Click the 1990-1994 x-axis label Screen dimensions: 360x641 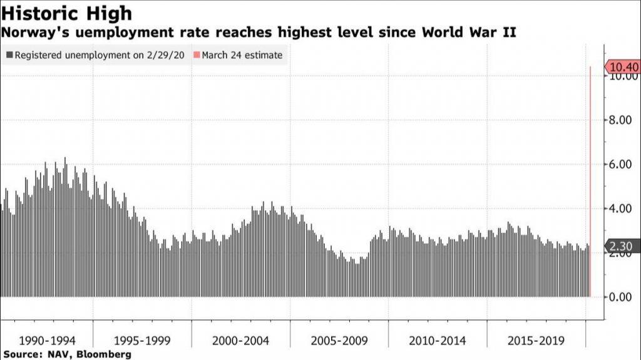[48, 341]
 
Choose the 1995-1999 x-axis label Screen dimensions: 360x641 [143, 341]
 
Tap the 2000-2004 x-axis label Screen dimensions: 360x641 [241, 341]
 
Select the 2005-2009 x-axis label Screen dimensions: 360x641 [339, 341]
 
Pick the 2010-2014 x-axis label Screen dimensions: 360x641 [438, 341]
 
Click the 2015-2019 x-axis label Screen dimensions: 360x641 [536, 341]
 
